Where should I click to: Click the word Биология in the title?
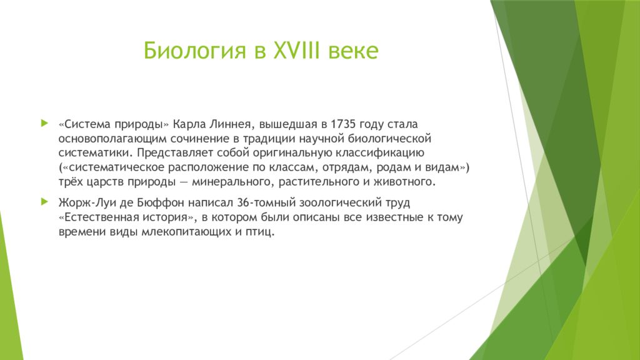195,51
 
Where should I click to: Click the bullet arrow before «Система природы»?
44,123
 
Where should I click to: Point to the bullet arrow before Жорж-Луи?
44,202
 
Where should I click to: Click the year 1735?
343,124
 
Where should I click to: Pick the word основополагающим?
112,139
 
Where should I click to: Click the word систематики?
96,152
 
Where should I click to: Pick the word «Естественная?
98,217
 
